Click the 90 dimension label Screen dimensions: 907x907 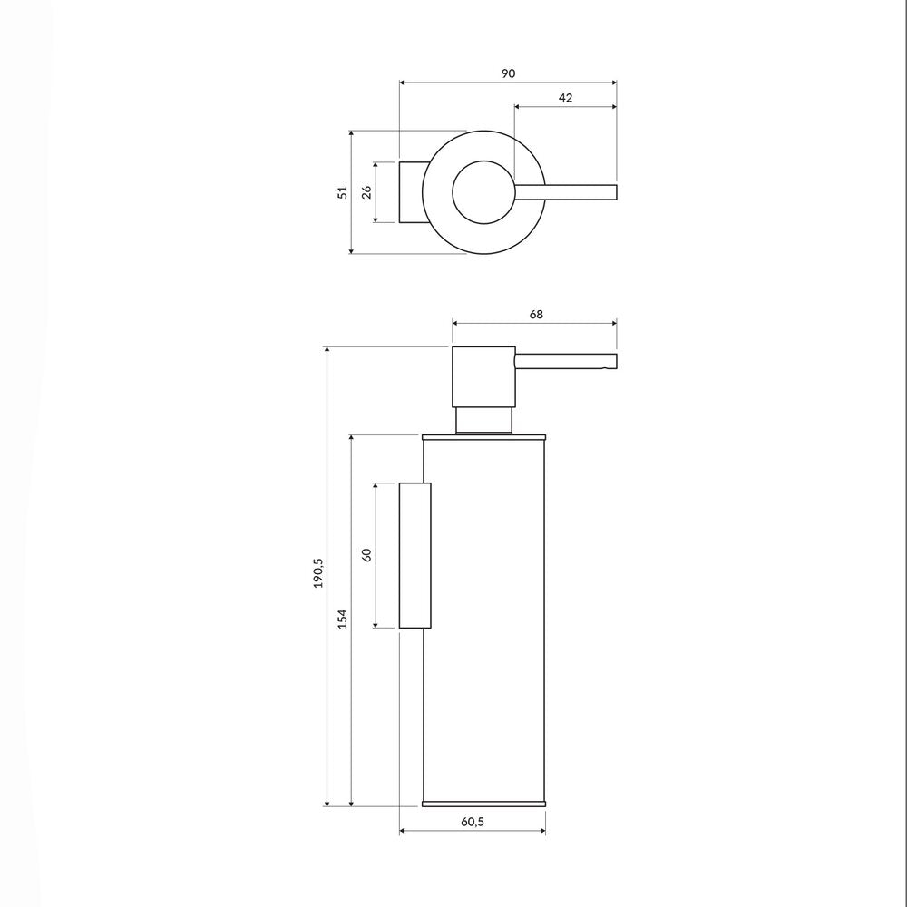(508, 73)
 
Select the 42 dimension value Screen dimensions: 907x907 (565, 98)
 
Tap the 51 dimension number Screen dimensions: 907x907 (343, 192)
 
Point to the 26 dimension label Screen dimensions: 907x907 (366, 192)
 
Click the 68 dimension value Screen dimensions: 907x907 (536, 314)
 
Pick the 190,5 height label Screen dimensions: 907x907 (318, 573)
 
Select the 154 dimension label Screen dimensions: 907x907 (343, 619)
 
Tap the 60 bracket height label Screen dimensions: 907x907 (366, 555)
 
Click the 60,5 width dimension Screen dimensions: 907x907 (473, 822)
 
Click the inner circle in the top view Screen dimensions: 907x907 (483, 161)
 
